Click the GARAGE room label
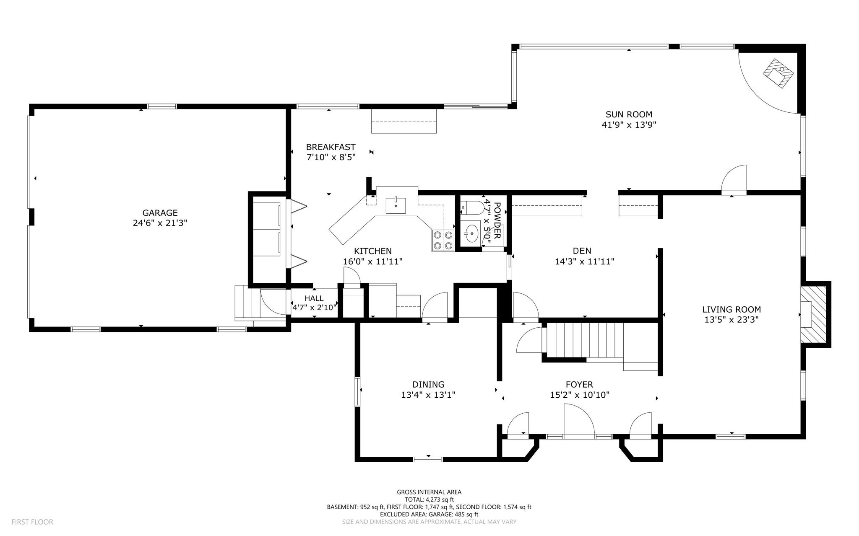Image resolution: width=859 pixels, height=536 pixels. (x=160, y=213)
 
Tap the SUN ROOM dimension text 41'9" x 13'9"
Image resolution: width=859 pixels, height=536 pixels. (x=629, y=125)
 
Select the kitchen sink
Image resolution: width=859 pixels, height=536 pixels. (x=396, y=205)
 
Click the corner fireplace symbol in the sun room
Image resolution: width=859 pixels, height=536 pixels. (x=778, y=73)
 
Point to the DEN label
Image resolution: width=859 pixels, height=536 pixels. (x=582, y=251)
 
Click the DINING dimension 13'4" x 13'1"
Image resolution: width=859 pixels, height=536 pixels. (x=428, y=395)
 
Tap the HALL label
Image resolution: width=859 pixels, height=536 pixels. (x=314, y=298)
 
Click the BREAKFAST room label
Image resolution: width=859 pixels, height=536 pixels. (x=331, y=147)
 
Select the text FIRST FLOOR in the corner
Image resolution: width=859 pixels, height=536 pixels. (x=32, y=522)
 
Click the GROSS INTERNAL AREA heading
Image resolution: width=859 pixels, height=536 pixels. (x=429, y=492)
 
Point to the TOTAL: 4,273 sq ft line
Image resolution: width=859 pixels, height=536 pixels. (x=429, y=500)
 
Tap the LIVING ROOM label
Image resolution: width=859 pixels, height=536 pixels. (x=731, y=310)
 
